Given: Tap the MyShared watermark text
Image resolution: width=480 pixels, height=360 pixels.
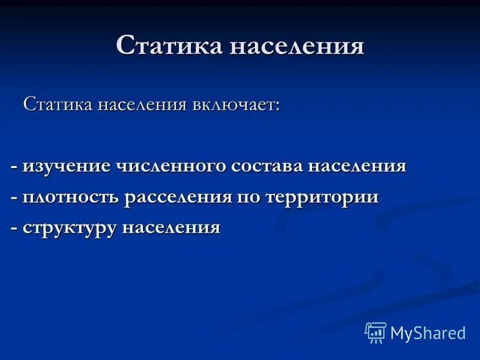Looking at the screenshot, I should coord(428,333).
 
